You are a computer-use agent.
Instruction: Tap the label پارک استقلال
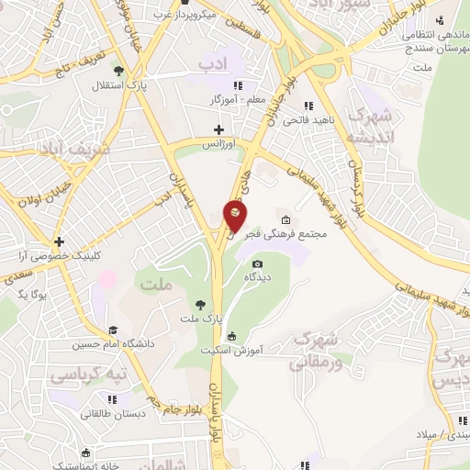[86, 86]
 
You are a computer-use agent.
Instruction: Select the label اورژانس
[218, 145]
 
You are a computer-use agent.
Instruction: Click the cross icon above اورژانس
[218, 129]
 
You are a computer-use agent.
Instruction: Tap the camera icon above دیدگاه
[257, 263]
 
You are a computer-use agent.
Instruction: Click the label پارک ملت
[200, 318]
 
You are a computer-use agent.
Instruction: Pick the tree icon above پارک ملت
[199, 303]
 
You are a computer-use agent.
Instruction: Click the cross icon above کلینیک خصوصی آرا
[59, 242]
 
